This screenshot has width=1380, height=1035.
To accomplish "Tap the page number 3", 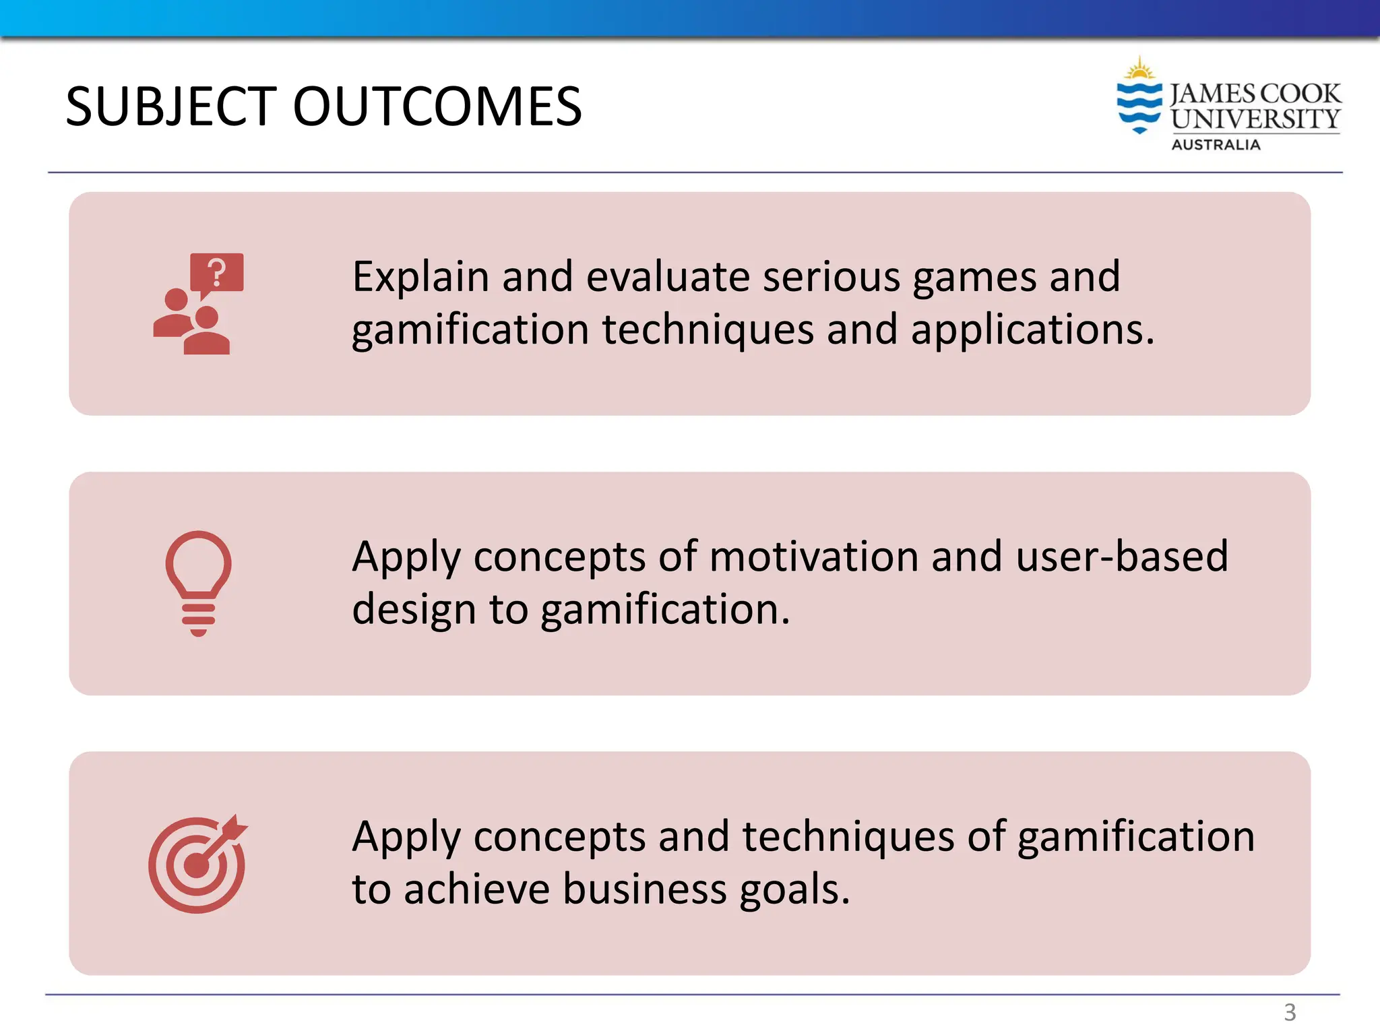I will click(x=1290, y=1011).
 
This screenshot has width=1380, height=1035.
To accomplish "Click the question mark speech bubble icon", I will click(x=217, y=273).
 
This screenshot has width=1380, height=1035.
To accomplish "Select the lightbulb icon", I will click(x=199, y=583).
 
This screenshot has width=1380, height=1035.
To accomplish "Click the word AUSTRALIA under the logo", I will click(x=1216, y=145).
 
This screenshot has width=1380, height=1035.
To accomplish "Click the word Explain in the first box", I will click(x=420, y=277).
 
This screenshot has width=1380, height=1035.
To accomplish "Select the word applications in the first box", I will click(x=1032, y=330).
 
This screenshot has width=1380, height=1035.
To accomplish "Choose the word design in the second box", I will click(x=414, y=610).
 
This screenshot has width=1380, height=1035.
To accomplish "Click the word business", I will click(x=645, y=889).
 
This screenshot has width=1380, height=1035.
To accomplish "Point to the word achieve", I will click(x=477, y=889).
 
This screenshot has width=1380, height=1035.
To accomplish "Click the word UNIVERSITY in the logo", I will click(x=1255, y=119).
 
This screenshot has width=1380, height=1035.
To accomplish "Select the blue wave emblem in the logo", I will click(x=1139, y=106).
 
